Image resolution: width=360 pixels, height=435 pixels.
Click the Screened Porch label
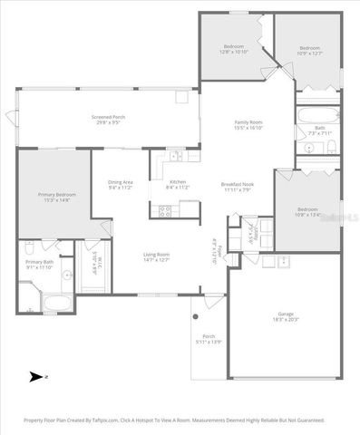[x=108, y=118]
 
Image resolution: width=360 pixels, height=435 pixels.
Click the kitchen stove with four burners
[x=165, y=210]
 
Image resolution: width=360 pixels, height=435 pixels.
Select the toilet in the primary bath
[x=29, y=246]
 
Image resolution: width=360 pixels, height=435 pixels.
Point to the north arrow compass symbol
[x=37, y=376]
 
